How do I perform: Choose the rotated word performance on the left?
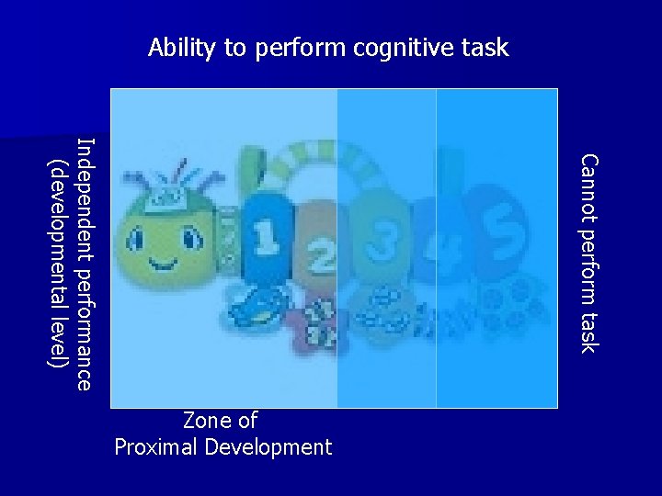click(84, 327)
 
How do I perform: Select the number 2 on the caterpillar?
click(320, 256)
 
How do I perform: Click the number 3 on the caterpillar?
click(377, 242)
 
